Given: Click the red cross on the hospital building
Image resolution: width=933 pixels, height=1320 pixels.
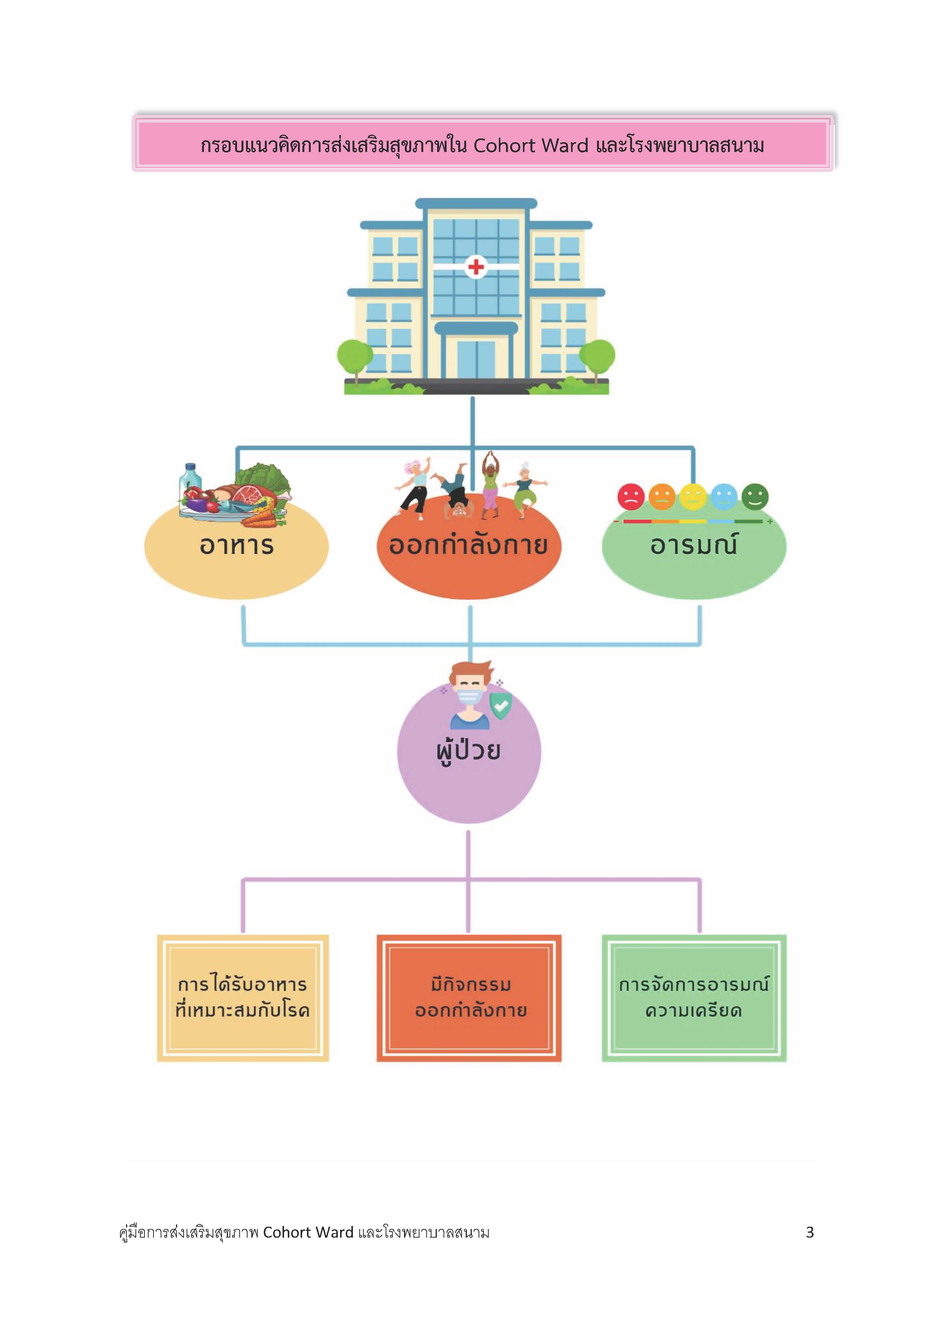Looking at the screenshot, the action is [x=476, y=266].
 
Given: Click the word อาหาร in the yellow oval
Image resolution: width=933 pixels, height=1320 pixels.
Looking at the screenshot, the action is [x=236, y=545].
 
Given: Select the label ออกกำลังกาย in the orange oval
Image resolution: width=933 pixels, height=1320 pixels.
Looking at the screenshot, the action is [x=468, y=545].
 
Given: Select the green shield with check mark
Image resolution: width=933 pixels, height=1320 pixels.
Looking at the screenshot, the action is [x=500, y=705].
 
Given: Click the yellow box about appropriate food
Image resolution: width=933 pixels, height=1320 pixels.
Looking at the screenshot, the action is [x=243, y=998].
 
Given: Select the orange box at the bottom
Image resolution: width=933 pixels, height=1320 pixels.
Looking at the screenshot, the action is [x=468, y=998].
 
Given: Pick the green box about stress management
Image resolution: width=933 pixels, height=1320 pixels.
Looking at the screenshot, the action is [x=694, y=998].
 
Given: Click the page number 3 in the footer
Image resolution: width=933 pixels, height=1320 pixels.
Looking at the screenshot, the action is [x=809, y=1232].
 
